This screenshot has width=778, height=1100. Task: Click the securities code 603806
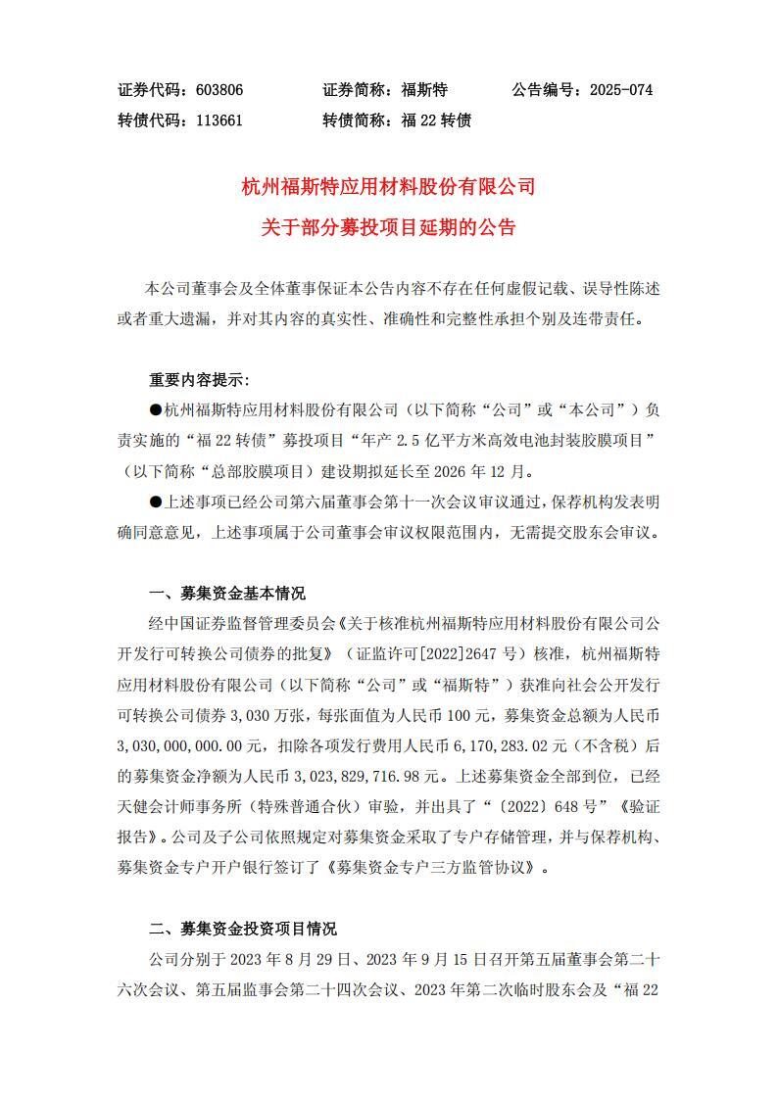(x=219, y=90)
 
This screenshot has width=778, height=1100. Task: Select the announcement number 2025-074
(x=620, y=90)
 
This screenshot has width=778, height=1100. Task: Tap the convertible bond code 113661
(x=219, y=120)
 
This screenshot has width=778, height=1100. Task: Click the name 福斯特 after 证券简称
(x=424, y=90)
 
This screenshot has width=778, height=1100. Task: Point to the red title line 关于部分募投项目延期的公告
(x=388, y=228)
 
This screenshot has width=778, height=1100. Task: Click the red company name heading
(x=388, y=186)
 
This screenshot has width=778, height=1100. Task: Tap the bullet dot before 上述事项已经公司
(x=155, y=502)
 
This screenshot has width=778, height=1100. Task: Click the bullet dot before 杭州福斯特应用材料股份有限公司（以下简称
(x=155, y=410)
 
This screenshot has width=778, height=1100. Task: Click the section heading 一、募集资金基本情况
(x=226, y=594)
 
